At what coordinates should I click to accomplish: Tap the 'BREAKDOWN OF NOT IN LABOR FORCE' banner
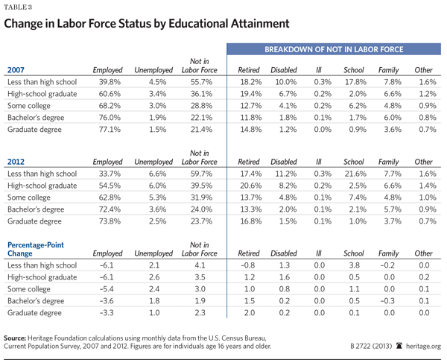point(335,50)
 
